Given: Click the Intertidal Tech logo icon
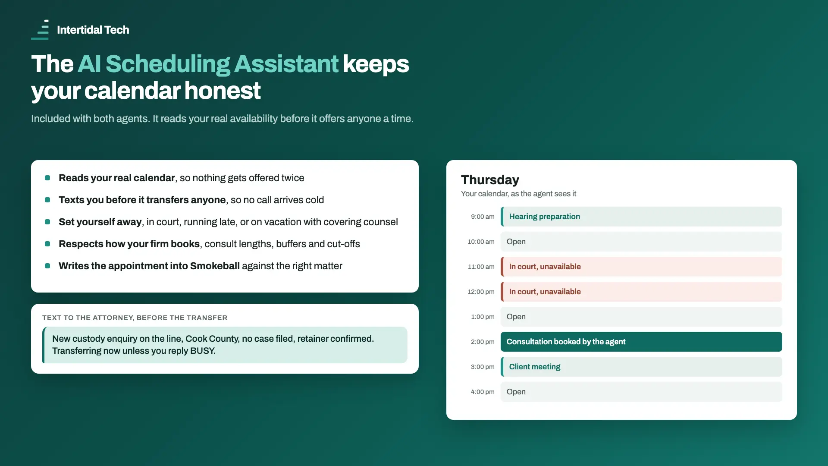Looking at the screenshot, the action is click(40, 30).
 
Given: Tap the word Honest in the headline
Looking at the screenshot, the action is click(223, 91).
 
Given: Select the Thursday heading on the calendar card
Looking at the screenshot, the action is click(490, 180).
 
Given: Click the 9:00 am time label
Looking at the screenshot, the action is click(483, 217).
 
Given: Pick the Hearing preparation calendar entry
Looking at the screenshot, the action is click(641, 217).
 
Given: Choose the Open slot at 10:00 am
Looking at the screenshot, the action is click(641, 242).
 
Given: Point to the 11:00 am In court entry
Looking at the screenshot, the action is click(641, 267).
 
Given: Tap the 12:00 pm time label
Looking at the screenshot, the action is click(481, 292).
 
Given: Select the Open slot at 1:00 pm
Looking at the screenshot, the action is click(641, 317).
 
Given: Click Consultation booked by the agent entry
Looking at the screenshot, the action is click(641, 342).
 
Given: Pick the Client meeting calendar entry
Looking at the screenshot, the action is click(641, 367).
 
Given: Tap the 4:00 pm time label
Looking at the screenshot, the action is click(483, 392).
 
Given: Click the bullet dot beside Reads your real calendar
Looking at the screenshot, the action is click(47, 178).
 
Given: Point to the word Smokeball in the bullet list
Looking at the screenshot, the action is click(215, 266).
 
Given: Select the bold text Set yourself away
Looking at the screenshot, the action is click(100, 222).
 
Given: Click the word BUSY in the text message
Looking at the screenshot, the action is click(202, 351).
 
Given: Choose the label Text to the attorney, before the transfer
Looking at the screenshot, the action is click(135, 318).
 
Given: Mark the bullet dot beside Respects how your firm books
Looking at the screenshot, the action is click(47, 244).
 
